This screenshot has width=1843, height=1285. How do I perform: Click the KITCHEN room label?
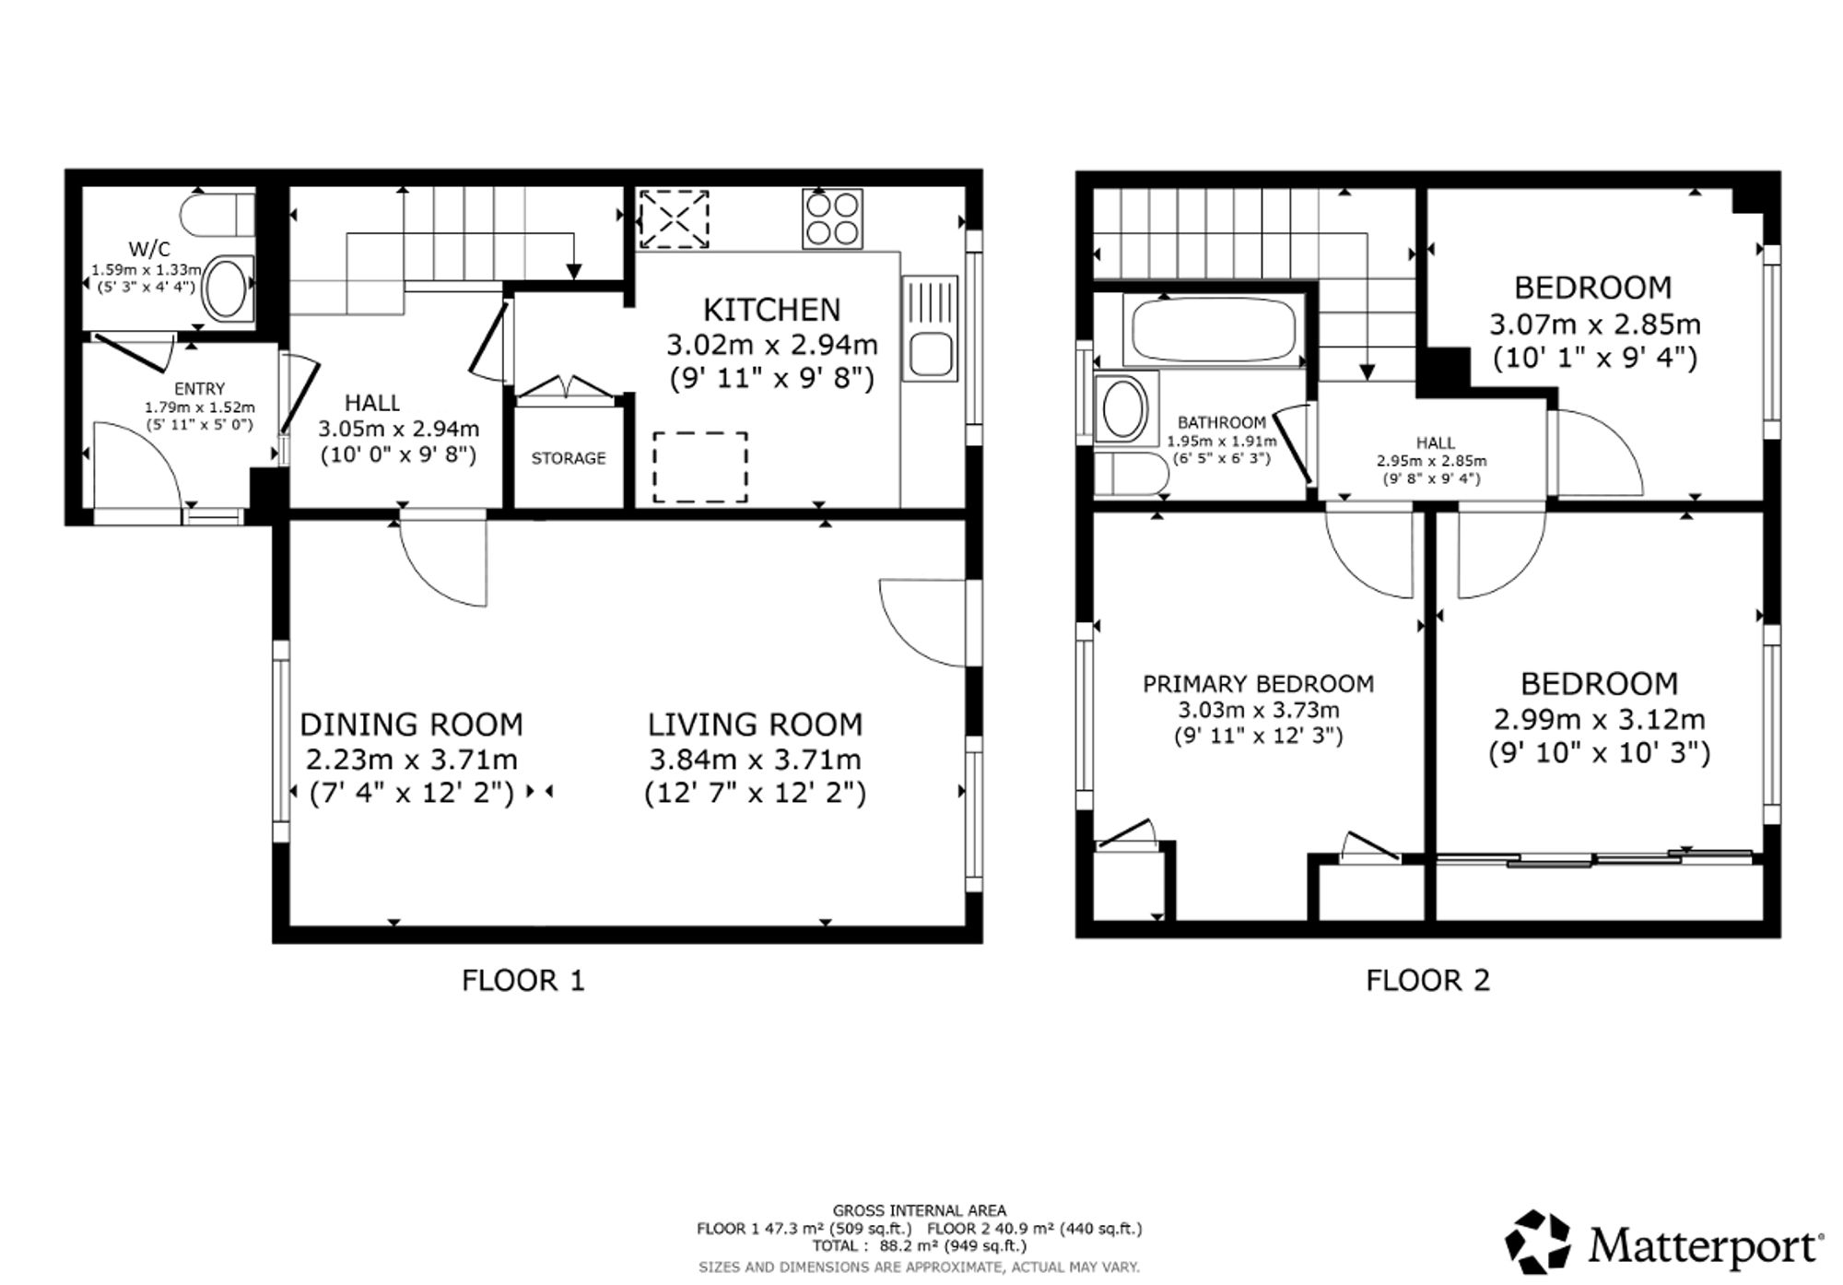(x=772, y=309)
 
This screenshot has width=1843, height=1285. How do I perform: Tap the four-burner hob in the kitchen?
(x=832, y=218)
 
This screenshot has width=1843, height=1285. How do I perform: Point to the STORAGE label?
(x=569, y=458)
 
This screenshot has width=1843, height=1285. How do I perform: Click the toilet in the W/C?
(x=217, y=214)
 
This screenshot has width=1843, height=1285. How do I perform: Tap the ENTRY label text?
(x=199, y=389)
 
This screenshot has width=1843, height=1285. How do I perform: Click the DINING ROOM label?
(x=411, y=725)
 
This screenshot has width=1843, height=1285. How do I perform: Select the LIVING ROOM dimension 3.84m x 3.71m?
(x=756, y=760)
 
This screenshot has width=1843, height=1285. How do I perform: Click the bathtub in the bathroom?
(x=1213, y=331)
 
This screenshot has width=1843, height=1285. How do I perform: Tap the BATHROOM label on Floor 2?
(x=1222, y=423)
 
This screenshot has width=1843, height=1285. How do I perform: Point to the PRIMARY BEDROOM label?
(x=1259, y=684)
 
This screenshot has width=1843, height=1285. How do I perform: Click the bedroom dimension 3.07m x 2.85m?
(x=1595, y=324)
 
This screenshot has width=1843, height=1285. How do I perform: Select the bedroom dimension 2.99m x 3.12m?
(x=1599, y=719)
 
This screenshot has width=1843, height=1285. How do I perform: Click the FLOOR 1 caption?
(x=523, y=980)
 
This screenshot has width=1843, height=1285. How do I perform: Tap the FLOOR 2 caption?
(x=1427, y=980)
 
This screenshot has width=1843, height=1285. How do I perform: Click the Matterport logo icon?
(x=1538, y=1242)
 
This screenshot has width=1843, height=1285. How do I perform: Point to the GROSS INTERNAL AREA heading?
(x=920, y=1210)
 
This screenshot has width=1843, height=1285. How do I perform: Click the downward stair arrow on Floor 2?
(x=1368, y=305)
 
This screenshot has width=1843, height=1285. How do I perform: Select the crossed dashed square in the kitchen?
(x=675, y=219)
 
